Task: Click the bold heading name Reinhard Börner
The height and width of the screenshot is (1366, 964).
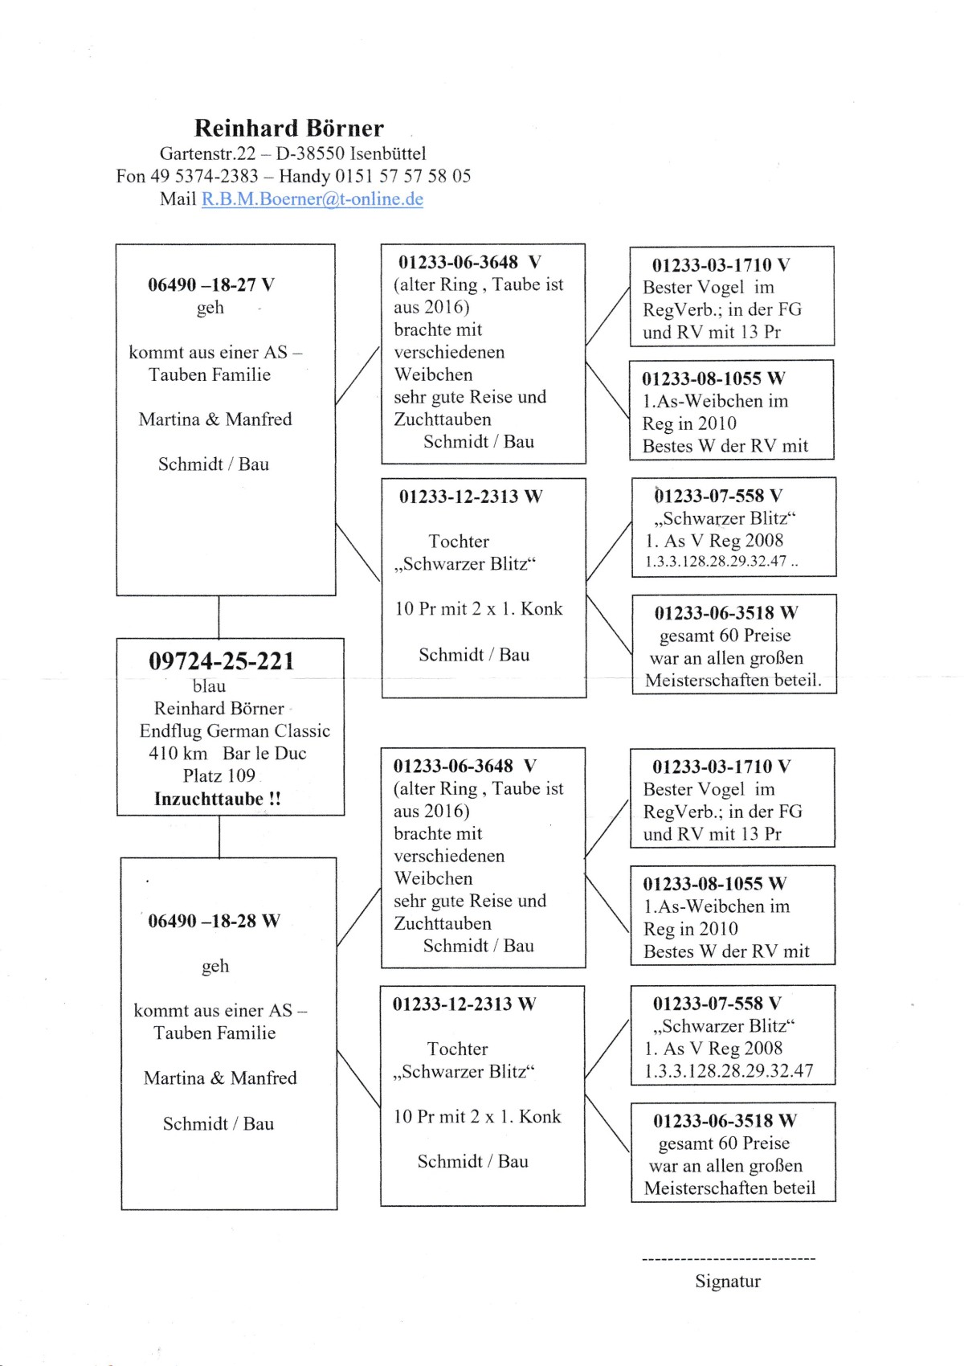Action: click(x=289, y=129)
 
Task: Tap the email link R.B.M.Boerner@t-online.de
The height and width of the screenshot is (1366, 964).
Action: click(x=312, y=199)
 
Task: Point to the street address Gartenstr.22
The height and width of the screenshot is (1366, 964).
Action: click(x=207, y=153)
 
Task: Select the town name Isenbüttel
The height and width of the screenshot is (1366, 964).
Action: click(x=388, y=153)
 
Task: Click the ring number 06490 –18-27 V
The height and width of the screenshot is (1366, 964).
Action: click(x=211, y=284)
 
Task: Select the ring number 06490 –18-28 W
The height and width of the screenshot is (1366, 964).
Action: click(x=214, y=921)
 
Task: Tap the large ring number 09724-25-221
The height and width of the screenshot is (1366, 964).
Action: click(x=222, y=661)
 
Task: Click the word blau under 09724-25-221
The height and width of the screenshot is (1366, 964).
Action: click(x=209, y=686)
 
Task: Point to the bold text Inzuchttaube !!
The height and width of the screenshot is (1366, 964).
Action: click(x=218, y=799)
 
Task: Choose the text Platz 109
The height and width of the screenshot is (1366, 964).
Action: click(x=219, y=776)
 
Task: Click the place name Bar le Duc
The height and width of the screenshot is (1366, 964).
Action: click(x=264, y=754)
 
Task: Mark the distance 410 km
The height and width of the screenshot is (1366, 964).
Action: click(x=178, y=754)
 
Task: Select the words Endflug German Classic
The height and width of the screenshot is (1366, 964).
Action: click(x=235, y=731)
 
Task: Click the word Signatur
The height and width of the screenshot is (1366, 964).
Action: click(x=728, y=1282)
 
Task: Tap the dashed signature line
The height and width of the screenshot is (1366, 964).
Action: click(x=729, y=1259)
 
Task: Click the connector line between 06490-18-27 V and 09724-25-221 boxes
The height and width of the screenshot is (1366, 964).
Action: click(x=219, y=616)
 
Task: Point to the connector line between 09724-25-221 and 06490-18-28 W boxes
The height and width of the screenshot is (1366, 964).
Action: click(x=219, y=836)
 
